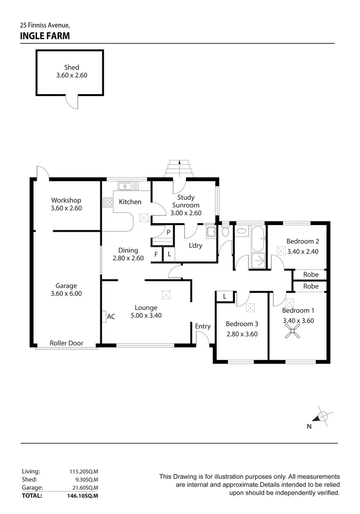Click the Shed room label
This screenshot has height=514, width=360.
point(71,68)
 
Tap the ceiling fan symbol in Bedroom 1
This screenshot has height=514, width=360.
point(292,334)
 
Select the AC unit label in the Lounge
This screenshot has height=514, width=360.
point(111,316)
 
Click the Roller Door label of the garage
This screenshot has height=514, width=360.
point(67,343)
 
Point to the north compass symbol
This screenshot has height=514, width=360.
point(322,416)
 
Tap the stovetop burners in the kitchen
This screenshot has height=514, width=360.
point(107,202)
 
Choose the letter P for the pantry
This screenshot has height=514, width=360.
point(168,232)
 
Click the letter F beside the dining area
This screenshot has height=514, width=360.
point(156,255)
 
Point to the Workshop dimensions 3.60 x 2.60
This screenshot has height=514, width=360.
point(66,208)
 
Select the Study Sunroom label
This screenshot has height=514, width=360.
point(185,201)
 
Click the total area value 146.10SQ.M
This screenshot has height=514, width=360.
point(83,495)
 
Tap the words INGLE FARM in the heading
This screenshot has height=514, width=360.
point(45,36)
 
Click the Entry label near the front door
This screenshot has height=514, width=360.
point(203,326)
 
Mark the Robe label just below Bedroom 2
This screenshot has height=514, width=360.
point(311,275)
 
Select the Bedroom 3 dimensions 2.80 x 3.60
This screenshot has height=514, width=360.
point(242,334)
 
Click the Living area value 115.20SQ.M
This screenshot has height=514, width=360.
point(84,471)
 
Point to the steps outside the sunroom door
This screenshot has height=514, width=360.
point(179,168)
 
